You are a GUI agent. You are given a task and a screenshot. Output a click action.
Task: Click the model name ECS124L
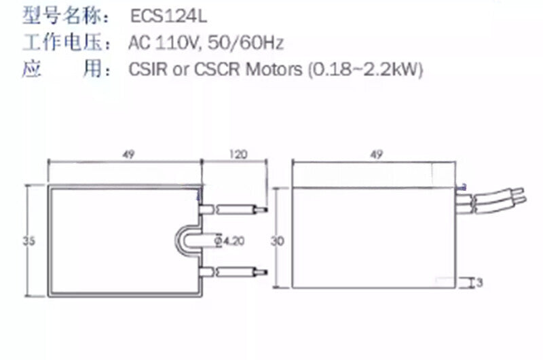pos(168,16)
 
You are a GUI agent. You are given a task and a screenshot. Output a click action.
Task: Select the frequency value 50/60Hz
pos(246,43)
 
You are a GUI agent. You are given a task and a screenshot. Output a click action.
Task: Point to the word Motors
pos(274,69)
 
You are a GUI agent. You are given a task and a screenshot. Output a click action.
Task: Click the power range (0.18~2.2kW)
pos(365,69)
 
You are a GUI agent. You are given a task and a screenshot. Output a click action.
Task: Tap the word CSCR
pos(217,69)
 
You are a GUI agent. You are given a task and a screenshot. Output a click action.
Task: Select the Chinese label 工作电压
pos(62,42)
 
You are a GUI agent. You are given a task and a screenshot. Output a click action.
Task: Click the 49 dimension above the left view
pos(128,155)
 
